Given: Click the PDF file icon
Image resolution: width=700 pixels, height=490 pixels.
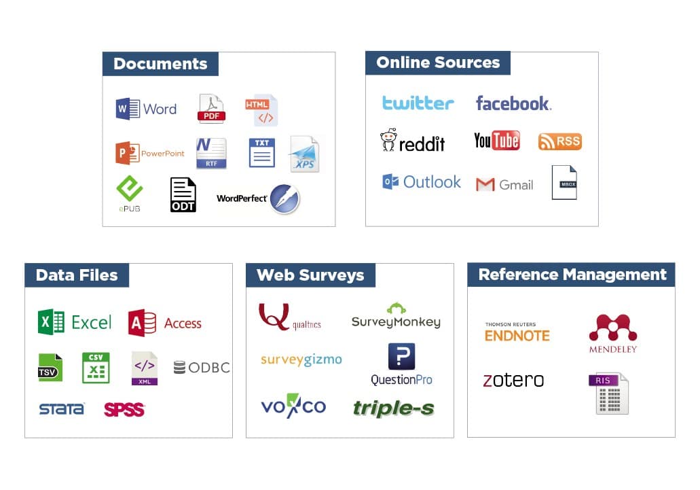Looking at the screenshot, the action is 211,108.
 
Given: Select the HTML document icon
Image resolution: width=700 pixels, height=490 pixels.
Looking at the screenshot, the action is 261,110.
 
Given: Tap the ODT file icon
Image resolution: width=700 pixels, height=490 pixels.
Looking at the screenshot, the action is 183,195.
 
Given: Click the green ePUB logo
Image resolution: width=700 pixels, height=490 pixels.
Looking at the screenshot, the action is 130,188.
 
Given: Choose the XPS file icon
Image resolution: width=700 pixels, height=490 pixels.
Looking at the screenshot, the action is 304,154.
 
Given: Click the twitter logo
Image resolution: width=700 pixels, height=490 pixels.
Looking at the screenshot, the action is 418,103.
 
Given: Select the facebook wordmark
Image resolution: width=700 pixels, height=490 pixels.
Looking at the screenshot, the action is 513,103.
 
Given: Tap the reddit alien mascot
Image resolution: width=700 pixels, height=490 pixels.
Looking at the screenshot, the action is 388,140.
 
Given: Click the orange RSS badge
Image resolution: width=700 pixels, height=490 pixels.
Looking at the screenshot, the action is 560,141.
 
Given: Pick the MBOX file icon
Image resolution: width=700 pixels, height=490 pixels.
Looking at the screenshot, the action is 564,182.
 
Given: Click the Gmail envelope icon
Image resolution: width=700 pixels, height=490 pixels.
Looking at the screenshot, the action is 485,184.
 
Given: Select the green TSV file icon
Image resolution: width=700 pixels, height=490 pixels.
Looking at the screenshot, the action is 50,368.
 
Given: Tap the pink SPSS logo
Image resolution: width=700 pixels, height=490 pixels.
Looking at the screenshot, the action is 124,410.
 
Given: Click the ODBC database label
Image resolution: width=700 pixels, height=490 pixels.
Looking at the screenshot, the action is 202,368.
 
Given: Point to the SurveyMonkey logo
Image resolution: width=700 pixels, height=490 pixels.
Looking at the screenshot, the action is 396,316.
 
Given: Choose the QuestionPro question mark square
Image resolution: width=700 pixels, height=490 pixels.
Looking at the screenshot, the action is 401,356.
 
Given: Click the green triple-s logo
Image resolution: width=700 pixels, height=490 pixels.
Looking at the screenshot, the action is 393,408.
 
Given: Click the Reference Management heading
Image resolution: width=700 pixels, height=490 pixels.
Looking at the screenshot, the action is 572,275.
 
